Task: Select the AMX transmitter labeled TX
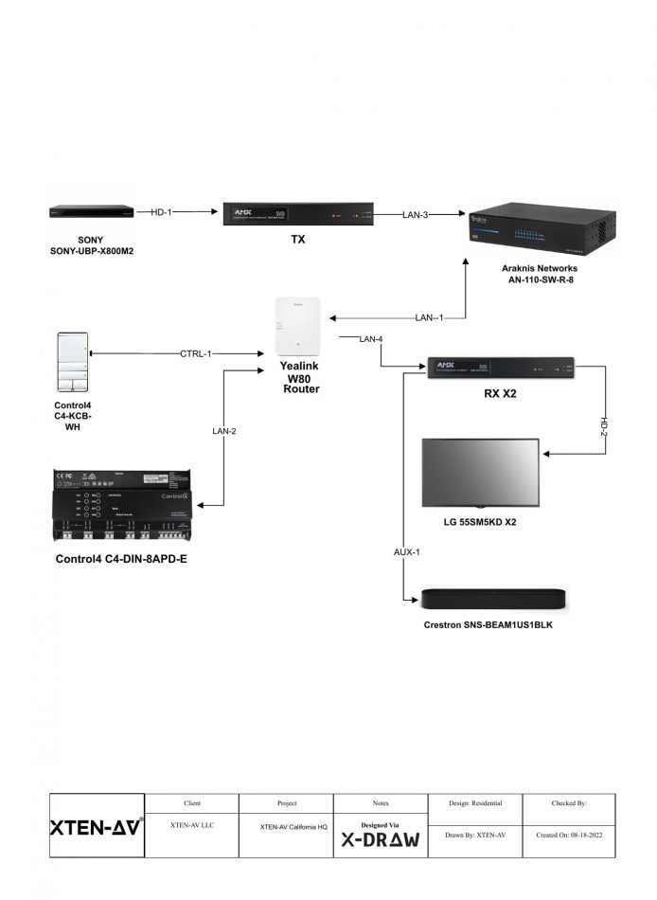click(299, 214)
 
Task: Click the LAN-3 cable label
click(415, 215)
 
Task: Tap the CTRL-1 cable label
click(195, 354)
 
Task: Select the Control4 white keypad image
click(74, 361)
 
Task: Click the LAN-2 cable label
click(223, 432)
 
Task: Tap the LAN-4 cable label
click(370, 338)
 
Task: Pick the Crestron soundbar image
click(494, 598)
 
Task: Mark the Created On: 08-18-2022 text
click(568, 835)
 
